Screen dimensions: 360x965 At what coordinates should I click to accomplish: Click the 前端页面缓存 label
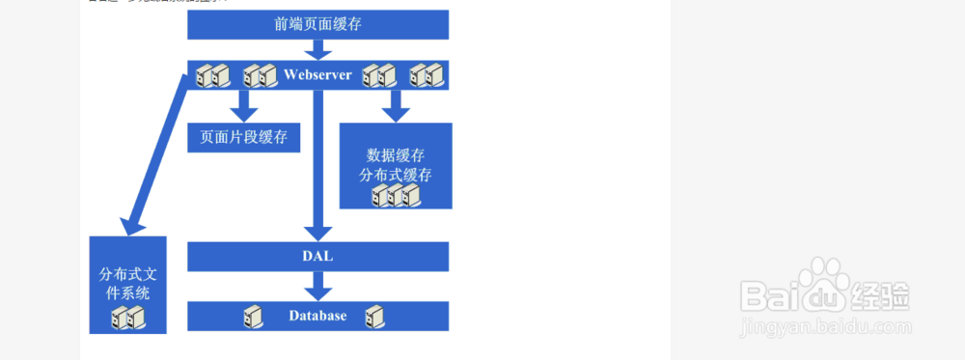[x=317, y=25]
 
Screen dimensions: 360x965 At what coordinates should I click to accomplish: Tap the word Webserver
[x=317, y=74]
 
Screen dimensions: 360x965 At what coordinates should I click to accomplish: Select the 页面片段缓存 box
[x=243, y=137]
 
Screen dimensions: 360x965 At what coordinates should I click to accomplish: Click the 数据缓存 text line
[x=396, y=154]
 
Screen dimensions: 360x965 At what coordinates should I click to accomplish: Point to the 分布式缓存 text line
[x=396, y=176]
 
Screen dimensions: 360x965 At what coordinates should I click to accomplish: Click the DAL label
[x=317, y=256]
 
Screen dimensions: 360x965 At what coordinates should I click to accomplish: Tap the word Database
[x=317, y=316]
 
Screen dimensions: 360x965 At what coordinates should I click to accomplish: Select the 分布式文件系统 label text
[x=126, y=283]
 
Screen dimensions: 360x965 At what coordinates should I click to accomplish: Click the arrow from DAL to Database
[x=317, y=286]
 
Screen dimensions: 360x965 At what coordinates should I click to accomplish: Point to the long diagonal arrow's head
[x=131, y=225]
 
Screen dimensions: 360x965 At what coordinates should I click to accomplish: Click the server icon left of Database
[x=253, y=316]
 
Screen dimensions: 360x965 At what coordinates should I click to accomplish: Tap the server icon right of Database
[x=377, y=316]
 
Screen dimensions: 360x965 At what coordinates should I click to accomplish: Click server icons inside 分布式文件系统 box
[x=127, y=318]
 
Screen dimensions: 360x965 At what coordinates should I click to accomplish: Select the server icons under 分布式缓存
[x=396, y=196]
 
